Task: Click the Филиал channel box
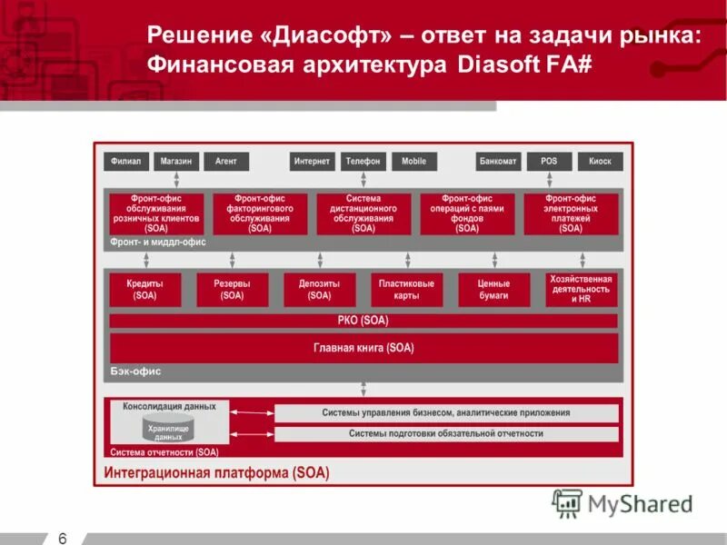(x=126, y=162)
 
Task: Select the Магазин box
(x=176, y=162)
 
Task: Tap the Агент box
(x=226, y=162)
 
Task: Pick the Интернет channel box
(x=313, y=162)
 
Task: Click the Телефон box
(x=363, y=162)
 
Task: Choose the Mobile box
(x=413, y=162)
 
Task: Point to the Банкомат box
(x=499, y=162)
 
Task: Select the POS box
(x=549, y=162)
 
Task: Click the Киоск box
(x=600, y=162)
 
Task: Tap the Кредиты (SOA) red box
(x=145, y=290)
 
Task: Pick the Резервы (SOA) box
(x=233, y=290)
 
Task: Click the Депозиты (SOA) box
(x=320, y=290)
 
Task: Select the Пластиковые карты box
(x=407, y=290)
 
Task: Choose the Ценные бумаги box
(x=493, y=290)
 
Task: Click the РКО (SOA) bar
(x=363, y=321)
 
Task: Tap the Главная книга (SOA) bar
(x=363, y=347)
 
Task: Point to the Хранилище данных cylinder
(x=168, y=431)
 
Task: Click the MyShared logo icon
(x=568, y=503)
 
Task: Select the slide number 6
(x=63, y=538)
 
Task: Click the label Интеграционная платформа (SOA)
(x=216, y=473)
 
